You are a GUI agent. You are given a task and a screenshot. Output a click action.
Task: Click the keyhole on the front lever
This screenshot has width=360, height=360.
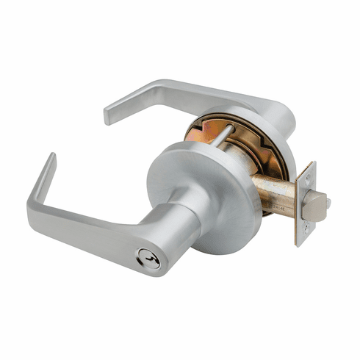[152, 262]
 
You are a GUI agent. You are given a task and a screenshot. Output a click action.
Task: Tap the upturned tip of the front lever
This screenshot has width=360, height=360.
[50, 159]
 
